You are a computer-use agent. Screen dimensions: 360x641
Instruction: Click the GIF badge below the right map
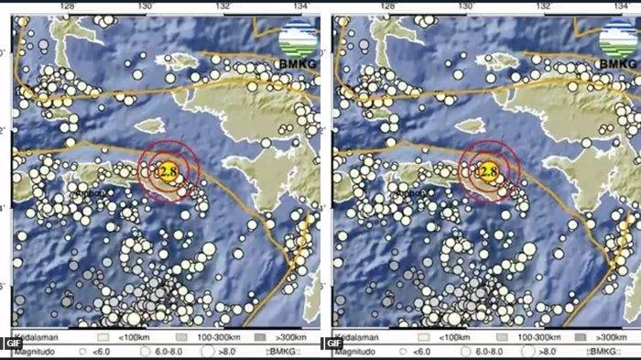point(331,344)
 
